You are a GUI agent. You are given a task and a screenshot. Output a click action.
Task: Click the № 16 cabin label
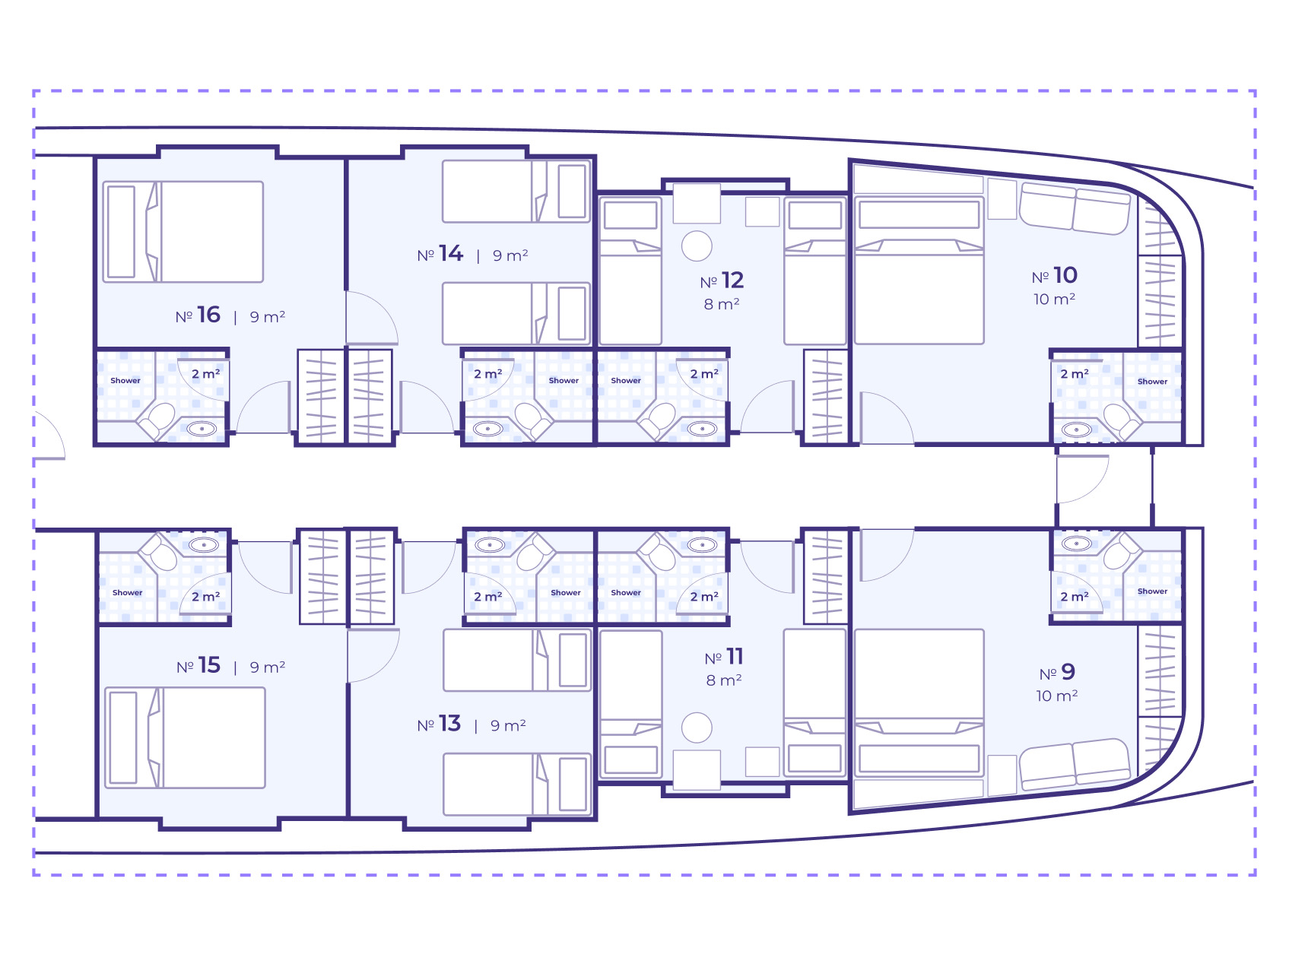198,315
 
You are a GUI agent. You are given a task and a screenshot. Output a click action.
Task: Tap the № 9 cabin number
1057,672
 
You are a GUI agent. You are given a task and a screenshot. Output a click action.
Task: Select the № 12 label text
722,281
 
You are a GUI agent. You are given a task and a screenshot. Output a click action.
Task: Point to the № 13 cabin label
439,724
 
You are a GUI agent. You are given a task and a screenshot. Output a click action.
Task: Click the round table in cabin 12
697,246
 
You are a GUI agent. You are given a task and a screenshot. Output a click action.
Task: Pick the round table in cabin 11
697,728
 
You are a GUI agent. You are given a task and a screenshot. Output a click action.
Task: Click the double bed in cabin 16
183,232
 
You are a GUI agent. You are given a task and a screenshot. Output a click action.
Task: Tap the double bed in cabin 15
185,737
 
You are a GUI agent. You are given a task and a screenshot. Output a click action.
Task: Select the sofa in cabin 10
1075,208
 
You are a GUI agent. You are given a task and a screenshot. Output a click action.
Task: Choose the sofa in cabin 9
1075,764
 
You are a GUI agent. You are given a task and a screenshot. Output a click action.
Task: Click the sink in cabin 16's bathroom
202,429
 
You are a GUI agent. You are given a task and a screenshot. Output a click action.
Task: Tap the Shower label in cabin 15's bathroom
127,592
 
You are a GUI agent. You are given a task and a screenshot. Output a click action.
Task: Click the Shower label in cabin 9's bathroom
1152,591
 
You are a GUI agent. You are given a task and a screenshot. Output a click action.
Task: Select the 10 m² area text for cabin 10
1054,299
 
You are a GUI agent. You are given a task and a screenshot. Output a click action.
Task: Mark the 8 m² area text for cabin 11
723,680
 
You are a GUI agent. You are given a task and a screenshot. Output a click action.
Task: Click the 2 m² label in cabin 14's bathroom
487,374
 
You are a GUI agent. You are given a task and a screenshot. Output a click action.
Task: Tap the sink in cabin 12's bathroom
702,429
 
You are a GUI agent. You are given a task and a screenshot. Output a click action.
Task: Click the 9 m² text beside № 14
510,255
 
